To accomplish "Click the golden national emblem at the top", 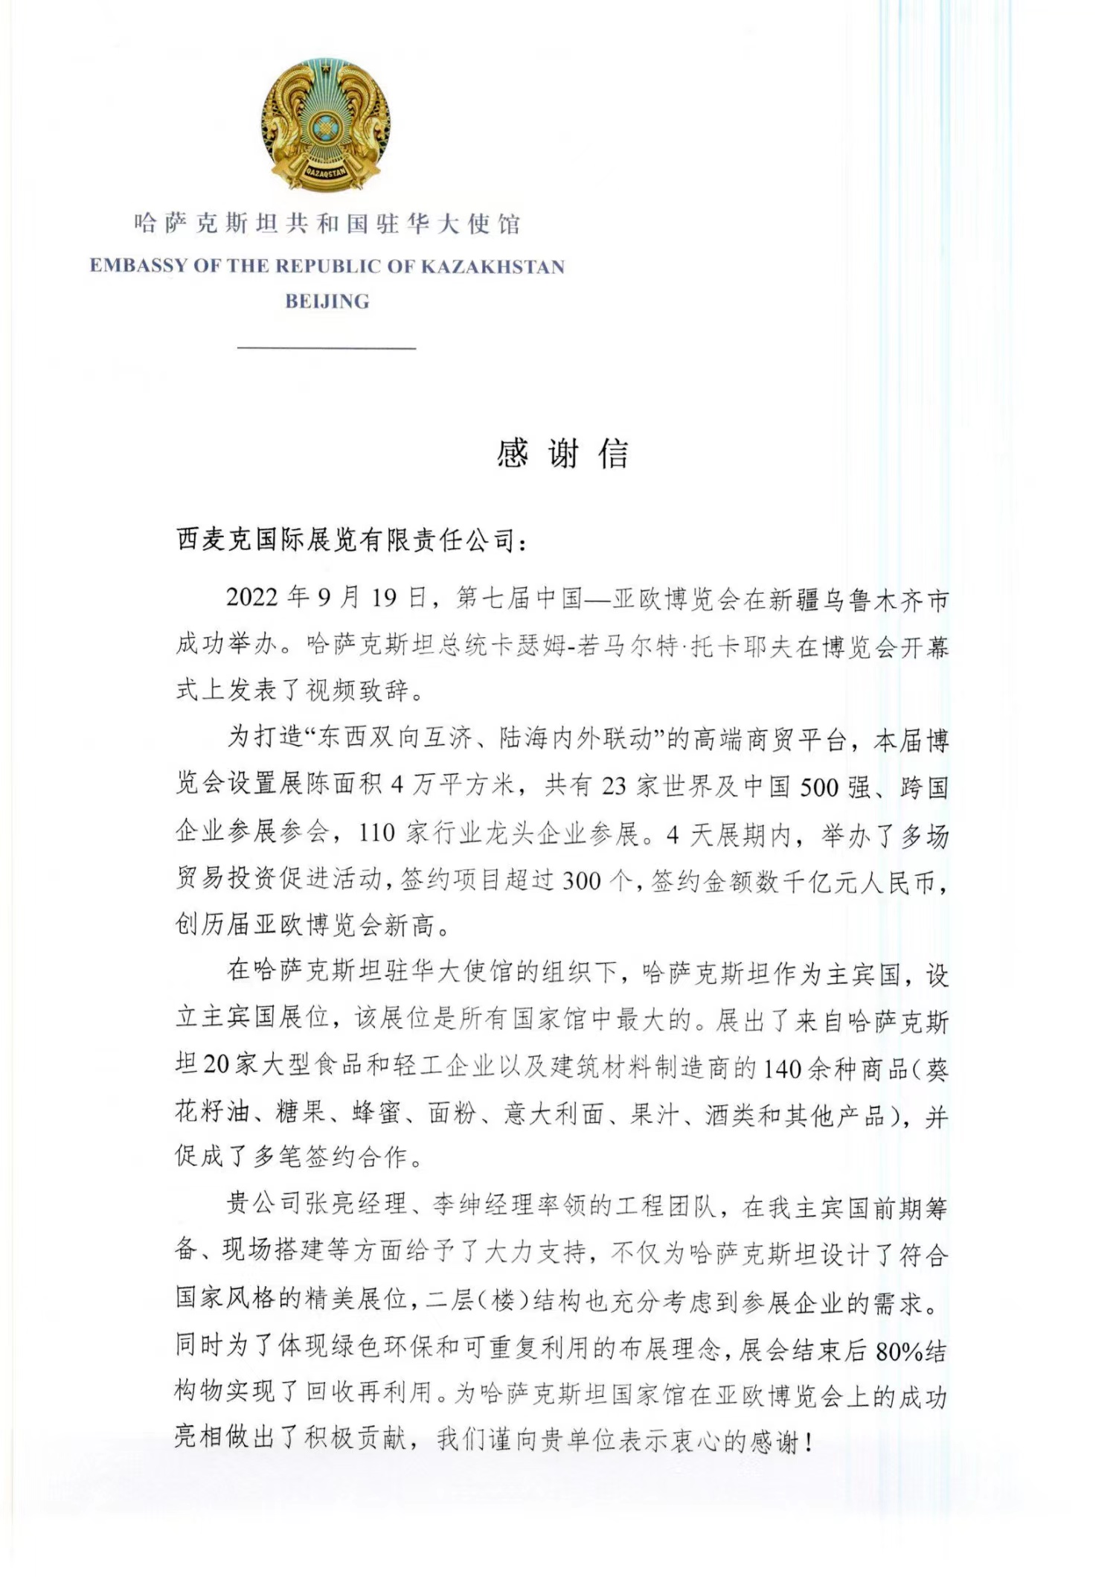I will tap(326, 127).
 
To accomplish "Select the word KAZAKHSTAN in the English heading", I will tap(493, 266).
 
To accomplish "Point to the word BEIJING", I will tap(327, 301).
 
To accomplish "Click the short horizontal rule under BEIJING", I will tap(326, 348).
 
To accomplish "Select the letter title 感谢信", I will tap(562, 453).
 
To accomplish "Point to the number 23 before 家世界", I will tap(614, 787).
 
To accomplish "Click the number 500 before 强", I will tap(819, 787).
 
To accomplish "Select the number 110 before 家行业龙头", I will tap(376, 834).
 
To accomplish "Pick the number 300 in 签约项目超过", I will tap(582, 880).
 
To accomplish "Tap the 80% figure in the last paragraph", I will tap(899, 1352).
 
